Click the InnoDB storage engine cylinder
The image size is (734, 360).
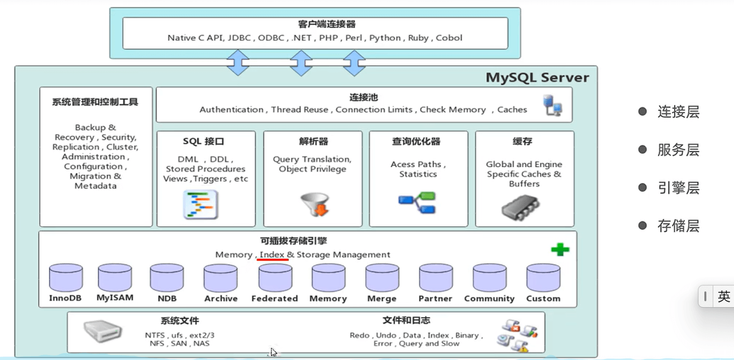click(66, 278)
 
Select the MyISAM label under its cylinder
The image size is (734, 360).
click(115, 298)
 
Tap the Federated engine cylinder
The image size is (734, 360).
click(275, 278)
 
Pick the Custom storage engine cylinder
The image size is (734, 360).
click(543, 278)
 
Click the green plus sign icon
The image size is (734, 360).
click(560, 249)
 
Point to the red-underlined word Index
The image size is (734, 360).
click(272, 254)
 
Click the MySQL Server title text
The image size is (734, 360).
click(537, 78)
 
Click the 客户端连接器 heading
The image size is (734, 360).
click(326, 24)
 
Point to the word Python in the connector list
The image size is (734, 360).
click(385, 38)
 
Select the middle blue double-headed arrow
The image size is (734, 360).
click(301, 62)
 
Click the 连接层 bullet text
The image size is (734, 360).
click(678, 112)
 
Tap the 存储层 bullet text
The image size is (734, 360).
click(678, 226)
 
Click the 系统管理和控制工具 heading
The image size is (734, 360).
click(95, 102)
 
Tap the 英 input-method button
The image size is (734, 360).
click(724, 296)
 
